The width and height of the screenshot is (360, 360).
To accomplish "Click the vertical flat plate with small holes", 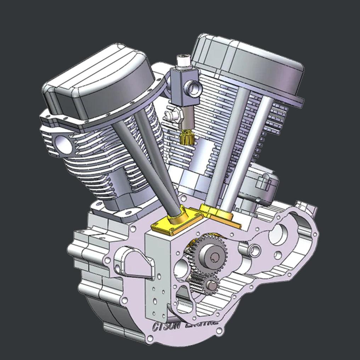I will click(156, 280).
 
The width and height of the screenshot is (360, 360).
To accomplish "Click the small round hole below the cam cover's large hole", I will click(278, 254).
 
